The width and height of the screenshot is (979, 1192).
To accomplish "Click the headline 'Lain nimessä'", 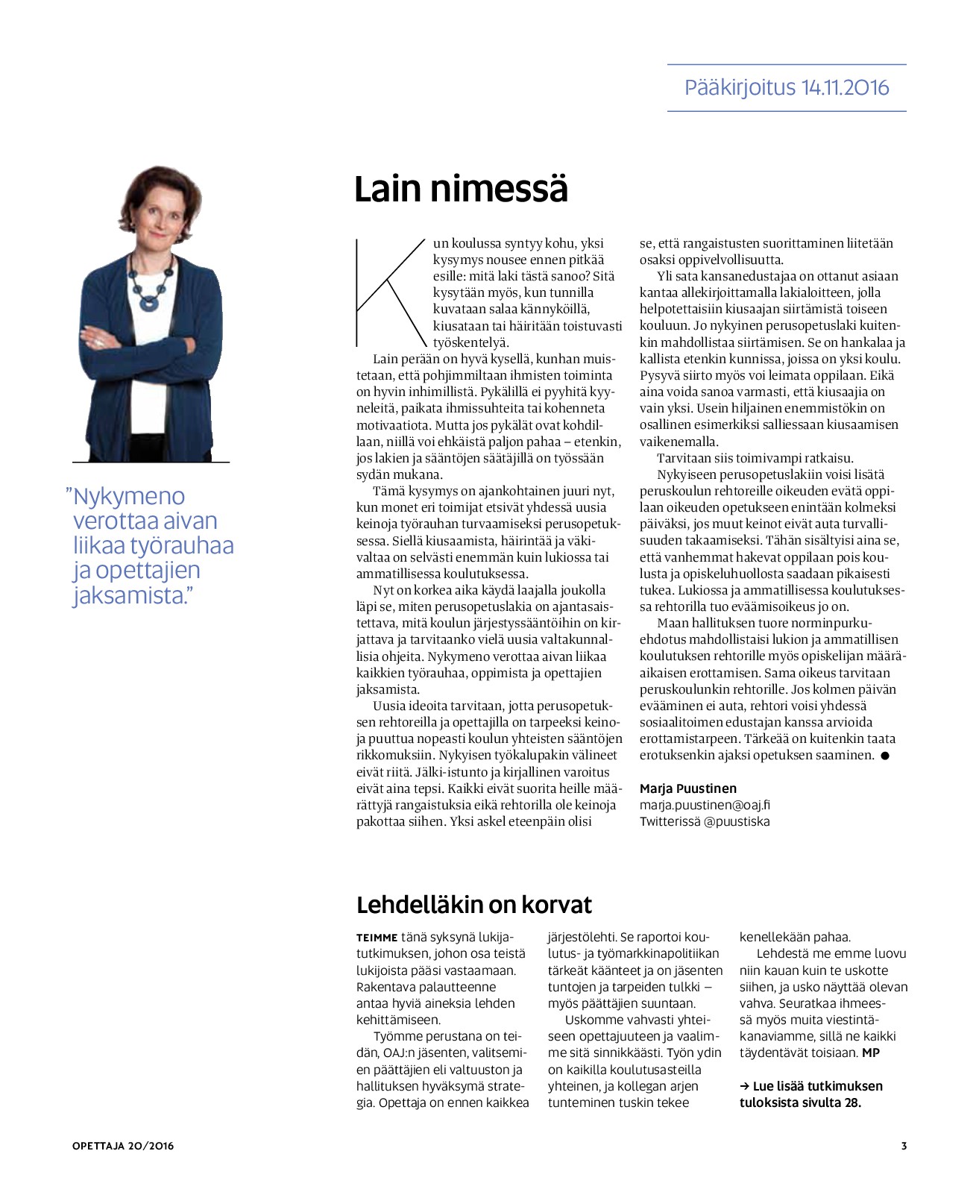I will click(461, 189).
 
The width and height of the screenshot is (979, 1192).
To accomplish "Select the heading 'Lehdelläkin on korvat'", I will click(473, 905).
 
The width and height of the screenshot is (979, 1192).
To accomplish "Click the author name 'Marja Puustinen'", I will click(687, 788).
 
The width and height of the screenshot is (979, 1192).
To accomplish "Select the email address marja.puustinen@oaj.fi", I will click(705, 805).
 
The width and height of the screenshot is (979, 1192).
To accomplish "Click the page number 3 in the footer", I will click(904, 1146).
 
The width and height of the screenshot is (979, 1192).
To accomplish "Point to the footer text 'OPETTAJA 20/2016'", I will click(123, 1146).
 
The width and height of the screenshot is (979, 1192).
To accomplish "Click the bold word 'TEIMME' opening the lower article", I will click(377, 938).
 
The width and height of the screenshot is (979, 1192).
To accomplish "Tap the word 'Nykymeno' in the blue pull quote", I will click(129, 496).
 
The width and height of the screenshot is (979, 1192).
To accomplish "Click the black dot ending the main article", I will click(885, 756).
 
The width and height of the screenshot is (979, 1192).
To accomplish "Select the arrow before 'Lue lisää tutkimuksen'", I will click(744, 1086).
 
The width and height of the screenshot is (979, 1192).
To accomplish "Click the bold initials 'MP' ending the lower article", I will click(871, 1053).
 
